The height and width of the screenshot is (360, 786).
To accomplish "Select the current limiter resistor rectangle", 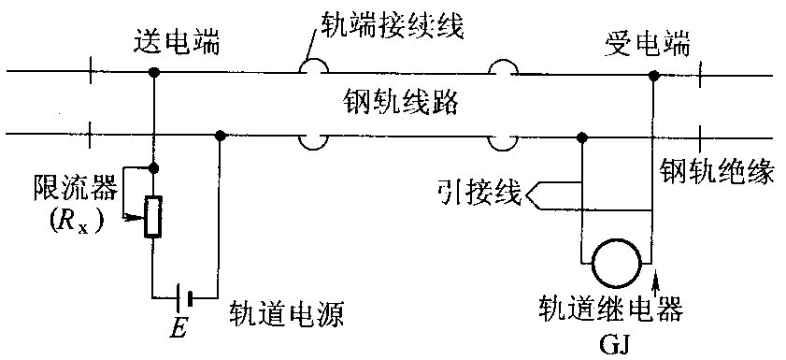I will point(151,217).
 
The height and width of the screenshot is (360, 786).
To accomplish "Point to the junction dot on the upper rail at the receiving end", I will point(653,72).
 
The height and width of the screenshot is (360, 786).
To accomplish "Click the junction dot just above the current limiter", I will point(151,167).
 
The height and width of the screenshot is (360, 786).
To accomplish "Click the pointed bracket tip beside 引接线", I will point(530,195).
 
